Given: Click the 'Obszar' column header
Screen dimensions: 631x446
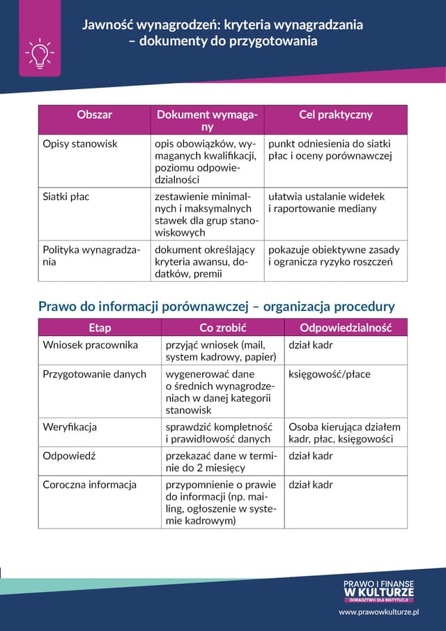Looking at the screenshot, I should tap(95, 115).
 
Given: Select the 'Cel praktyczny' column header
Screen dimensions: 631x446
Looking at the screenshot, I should tap(335, 115).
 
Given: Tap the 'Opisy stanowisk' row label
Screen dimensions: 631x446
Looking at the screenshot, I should tap(80, 144).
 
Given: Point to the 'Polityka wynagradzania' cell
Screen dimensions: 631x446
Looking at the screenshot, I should tap(91, 256).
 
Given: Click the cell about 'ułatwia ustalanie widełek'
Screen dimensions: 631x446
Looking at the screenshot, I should tap(326, 202).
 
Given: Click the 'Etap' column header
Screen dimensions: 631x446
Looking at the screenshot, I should tap(100, 328).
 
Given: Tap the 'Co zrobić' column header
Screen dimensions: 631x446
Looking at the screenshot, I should tap(223, 328).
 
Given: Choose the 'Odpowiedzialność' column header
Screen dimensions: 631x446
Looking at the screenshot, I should tap(346, 328).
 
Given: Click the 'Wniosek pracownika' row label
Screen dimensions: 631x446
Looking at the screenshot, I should tap(91, 345).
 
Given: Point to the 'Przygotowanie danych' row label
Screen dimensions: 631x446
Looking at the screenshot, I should tap(95, 374).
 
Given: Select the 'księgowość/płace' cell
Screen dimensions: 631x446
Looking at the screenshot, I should tap(330, 374).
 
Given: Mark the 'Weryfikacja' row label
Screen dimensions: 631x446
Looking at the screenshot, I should tap(70, 427).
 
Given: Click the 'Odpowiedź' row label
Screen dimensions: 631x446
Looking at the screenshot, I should tap(69, 456).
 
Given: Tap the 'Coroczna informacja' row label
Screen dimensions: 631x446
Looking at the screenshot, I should tap(90, 485).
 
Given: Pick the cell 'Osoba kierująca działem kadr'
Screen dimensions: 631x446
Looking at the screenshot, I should tap(345, 433).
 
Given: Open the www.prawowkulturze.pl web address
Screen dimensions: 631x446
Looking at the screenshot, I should tap(378, 611).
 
